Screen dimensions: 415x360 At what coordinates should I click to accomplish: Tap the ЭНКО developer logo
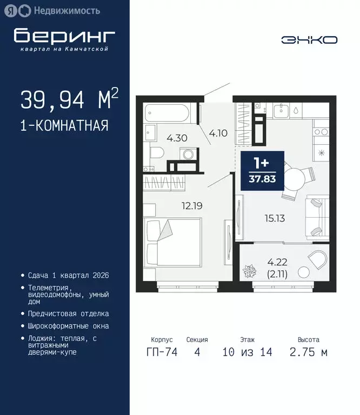309,39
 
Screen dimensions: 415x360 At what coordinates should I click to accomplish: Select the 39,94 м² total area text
69,99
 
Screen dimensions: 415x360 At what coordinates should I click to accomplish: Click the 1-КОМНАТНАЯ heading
64,126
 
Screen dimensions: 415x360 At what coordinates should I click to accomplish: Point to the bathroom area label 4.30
177,138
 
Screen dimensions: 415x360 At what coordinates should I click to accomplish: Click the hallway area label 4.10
218,133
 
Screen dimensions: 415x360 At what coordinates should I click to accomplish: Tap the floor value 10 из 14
247,353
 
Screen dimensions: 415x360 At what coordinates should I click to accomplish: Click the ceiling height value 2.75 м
308,353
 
